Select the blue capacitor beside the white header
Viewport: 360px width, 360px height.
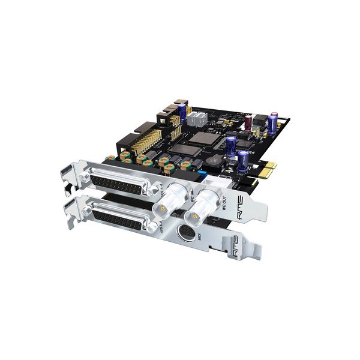pos(273,123)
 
